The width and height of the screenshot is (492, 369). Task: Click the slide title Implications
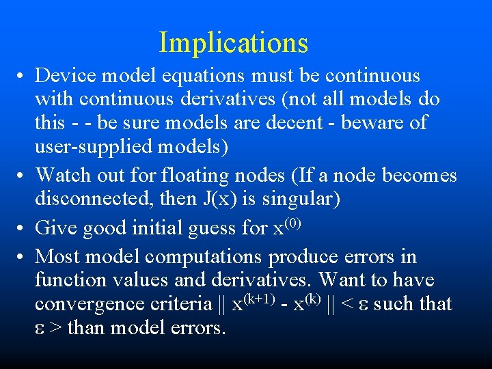point(234,42)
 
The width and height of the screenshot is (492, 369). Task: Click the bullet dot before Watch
point(23,176)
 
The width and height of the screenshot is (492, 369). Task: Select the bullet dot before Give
point(23,228)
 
